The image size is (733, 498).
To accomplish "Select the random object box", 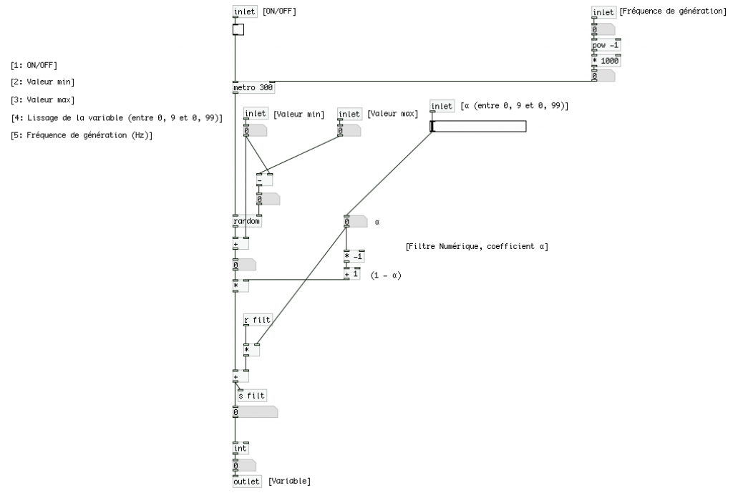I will click(x=247, y=221).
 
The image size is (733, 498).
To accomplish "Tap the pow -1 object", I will click(x=606, y=46).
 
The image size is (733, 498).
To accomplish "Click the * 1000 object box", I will click(x=606, y=61).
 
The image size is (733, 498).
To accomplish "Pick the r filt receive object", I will click(x=258, y=320).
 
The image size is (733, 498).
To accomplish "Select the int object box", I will click(x=241, y=449).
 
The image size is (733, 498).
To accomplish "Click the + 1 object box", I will click(x=351, y=274).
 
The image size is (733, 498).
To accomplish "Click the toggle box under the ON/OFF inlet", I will click(x=238, y=29).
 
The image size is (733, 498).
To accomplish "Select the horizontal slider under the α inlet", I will click(x=478, y=127).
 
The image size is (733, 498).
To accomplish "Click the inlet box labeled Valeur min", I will click(x=256, y=114).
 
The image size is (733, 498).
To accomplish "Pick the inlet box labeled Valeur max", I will click(x=349, y=114).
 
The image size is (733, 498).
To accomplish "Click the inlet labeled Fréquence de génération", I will click(x=603, y=12).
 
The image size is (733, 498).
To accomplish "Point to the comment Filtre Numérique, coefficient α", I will click(x=477, y=247).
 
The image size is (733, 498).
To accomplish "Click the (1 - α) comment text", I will click(x=386, y=275).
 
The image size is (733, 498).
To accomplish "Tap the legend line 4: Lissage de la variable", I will click(x=117, y=118).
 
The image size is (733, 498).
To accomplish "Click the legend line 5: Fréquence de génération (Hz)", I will click(x=82, y=135).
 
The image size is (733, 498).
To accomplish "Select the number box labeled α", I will click(x=355, y=222).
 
